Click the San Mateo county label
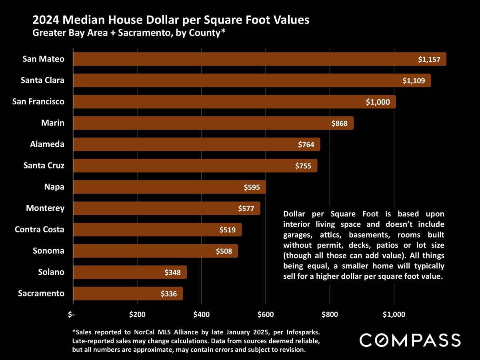43,59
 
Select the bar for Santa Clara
252,80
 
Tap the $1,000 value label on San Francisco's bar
378,102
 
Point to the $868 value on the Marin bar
342,123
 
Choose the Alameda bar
196,144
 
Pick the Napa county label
54,187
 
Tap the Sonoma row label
48,251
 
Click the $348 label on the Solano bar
173,273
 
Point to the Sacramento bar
128,294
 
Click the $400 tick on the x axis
201,314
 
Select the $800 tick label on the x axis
330,314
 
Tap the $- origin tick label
71,314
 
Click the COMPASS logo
410,340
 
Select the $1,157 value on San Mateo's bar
429,60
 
